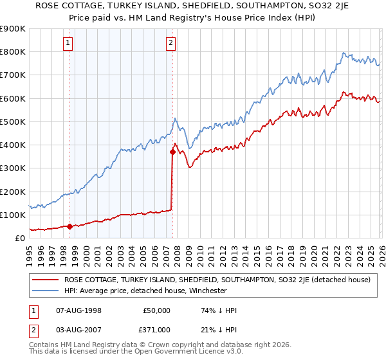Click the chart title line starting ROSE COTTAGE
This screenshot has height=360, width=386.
[192, 7]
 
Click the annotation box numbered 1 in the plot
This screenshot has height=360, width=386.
[68, 43]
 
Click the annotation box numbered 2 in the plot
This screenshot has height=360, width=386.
[171, 43]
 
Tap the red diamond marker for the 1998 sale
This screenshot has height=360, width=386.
[69, 226]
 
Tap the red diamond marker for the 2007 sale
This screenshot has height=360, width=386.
[172, 152]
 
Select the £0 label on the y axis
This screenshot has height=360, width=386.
[19, 238]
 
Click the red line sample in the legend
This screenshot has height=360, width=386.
[46, 280]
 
